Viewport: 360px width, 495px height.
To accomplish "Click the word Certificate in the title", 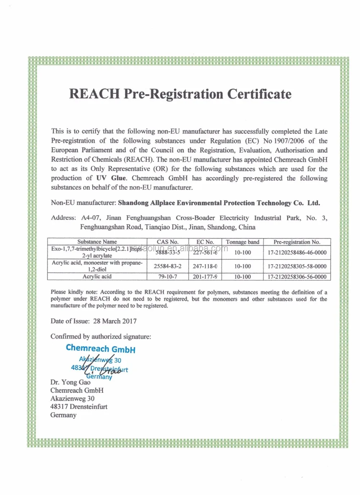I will click(x=259, y=94).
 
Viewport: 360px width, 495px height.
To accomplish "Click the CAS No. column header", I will click(x=167, y=242).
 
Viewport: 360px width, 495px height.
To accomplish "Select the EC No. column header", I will click(x=205, y=242).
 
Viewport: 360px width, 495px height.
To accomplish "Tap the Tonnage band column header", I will click(x=242, y=242).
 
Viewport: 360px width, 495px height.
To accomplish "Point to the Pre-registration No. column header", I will click(x=297, y=242).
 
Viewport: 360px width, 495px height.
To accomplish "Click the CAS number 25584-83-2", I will click(x=167, y=266).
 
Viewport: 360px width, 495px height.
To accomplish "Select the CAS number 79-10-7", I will click(x=167, y=277).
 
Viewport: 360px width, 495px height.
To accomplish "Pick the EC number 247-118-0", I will click(x=205, y=266).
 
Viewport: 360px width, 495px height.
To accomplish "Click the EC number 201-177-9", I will click(x=205, y=277).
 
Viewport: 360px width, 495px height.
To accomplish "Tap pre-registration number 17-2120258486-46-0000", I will click(x=297, y=253).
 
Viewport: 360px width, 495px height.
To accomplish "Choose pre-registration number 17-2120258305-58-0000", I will click(x=297, y=266).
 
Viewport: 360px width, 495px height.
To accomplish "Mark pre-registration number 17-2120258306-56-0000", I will click(x=297, y=277).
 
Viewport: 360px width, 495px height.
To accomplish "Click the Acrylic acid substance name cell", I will click(x=97, y=276).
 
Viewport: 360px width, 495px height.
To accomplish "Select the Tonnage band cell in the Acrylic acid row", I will click(x=242, y=277).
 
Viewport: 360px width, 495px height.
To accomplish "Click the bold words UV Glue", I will click(x=111, y=178).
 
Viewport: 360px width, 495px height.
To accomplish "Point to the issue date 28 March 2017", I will click(x=115, y=321).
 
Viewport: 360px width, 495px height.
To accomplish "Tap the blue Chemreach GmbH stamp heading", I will click(x=101, y=348).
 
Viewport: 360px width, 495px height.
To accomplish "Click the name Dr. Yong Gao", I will click(x=70, y=382).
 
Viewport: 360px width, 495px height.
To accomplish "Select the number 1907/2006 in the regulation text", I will click(x=289, y=141).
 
